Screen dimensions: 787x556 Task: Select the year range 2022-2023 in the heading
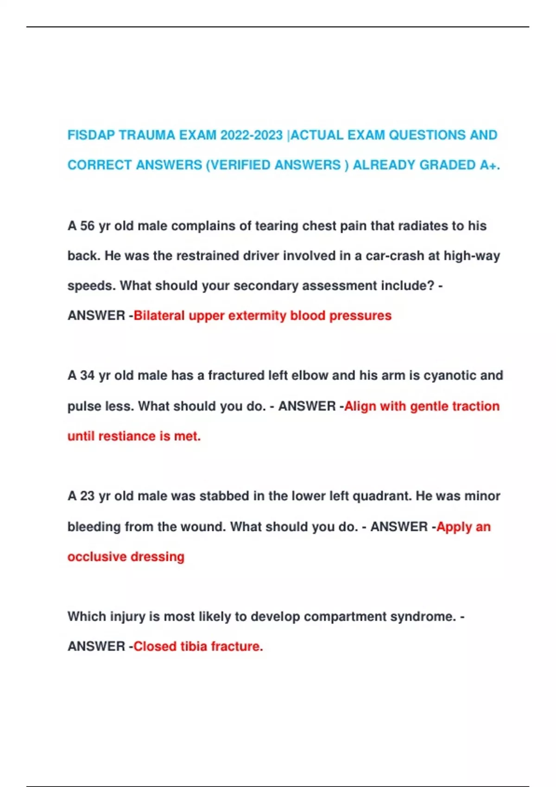pos(251,135)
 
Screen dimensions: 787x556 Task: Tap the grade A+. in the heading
pos(490,165)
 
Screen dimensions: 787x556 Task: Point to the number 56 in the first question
pos(87,226)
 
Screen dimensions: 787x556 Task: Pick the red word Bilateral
pos(159,316)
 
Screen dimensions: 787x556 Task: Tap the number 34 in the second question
pos(87,375)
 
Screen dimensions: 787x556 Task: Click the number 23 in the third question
pos(87,496)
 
